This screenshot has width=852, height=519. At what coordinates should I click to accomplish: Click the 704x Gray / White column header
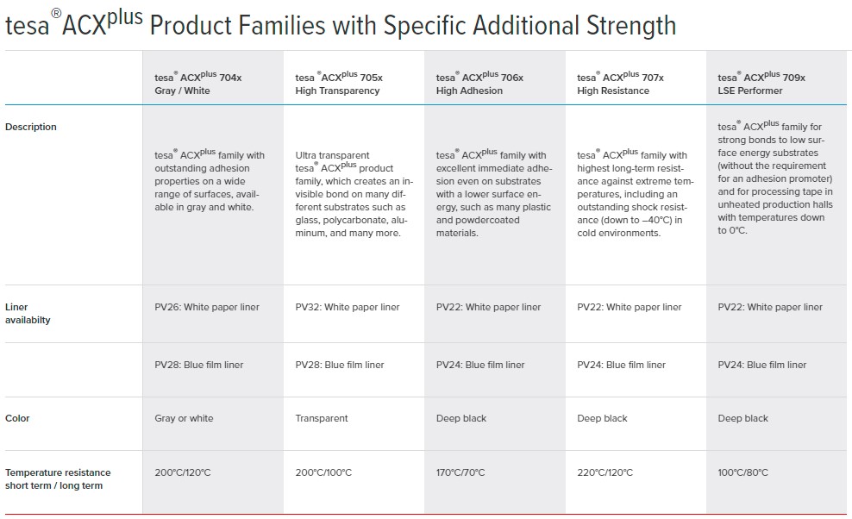197,83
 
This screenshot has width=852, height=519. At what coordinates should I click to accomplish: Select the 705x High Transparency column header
339,83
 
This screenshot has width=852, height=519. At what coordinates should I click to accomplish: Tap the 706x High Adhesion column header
479,83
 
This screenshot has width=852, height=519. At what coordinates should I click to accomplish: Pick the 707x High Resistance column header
620,83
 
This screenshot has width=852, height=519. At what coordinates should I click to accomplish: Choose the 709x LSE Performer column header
761,83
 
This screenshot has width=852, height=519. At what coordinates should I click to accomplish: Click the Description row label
31,127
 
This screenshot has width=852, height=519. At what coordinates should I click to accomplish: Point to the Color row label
17,418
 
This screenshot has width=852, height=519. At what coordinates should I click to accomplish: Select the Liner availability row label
28,314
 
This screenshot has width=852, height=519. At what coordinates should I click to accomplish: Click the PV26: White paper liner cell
207,307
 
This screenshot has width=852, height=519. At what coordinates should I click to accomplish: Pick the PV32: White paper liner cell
348,307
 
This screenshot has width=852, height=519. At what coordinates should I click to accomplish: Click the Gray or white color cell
184,418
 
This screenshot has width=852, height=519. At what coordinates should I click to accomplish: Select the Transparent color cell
322,418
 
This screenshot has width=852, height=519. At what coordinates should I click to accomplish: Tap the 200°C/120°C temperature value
183,472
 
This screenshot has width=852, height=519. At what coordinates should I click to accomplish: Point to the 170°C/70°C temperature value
460,472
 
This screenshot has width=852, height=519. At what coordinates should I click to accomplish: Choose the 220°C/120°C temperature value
605,472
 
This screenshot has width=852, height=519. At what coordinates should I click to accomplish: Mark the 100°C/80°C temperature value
742,472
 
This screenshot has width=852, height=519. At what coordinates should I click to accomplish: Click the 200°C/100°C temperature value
323,472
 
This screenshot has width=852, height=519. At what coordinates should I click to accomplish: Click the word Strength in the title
631,26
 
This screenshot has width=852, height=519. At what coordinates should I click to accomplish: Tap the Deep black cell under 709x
742,418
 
